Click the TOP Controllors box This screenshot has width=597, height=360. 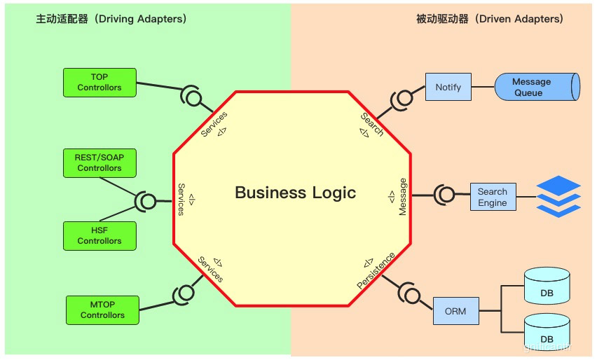coord(99,83)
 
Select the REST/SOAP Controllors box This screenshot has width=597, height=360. coord(99,162)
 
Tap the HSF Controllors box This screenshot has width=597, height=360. coord(99,235)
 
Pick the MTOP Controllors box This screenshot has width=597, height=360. coord(102,310)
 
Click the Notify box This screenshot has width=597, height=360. coord(448,88)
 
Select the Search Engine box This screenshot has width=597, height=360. coord(493,197)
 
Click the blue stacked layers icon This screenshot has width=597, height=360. coord(558,196)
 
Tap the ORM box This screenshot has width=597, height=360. coord(455,311)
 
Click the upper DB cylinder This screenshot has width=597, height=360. coord(547,289)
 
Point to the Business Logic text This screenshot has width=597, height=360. coord(295,193)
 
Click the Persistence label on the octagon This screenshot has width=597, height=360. coord(376,270)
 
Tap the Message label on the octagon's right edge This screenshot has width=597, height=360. coord(402,197)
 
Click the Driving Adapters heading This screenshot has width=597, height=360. coord(111,19)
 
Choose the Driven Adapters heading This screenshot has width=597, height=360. coord(489,19)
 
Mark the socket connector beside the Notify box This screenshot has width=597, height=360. coord(404,99)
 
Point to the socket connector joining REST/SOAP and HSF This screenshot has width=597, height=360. coord(146,202)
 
